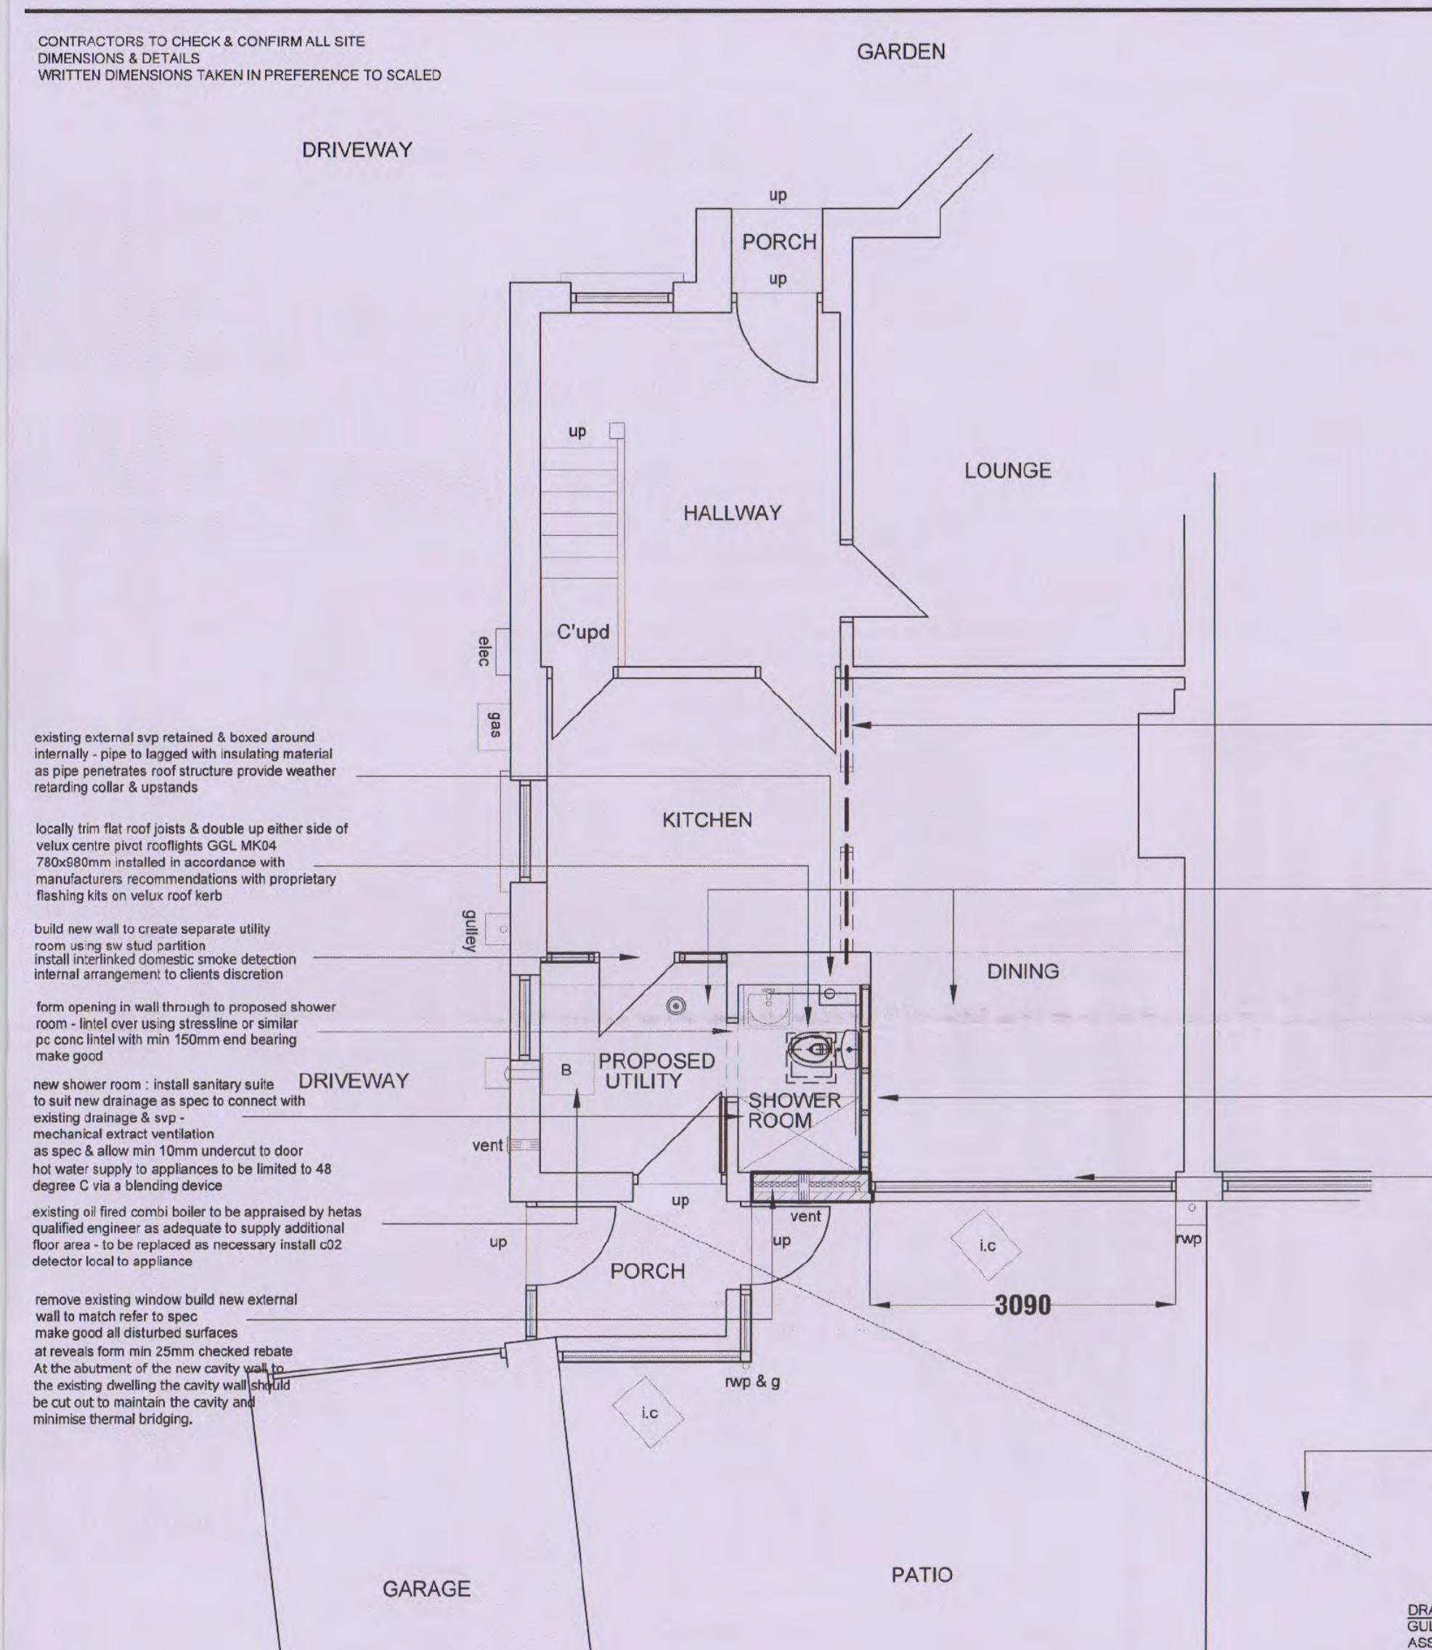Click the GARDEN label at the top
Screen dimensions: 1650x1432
coord(900,52)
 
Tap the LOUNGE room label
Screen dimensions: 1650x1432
coord(1007,471)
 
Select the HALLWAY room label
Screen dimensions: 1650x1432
coord(732,513)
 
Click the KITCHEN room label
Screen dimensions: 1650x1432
coord(707,820)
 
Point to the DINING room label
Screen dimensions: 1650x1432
coord(1023,972)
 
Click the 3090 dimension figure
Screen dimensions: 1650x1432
coord(1023,1306)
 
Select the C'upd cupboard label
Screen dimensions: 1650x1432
coord(582,633)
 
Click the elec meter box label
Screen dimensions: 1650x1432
coord(484,651)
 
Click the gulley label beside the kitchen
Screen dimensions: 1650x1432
coord(470,931)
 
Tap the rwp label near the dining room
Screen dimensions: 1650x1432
coord(1189,1239)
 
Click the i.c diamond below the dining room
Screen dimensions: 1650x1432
coord(987,1245)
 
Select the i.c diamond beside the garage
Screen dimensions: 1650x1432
coord(649,1413)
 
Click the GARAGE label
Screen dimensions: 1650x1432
coord(426,1588)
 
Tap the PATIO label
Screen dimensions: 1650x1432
coord(922,1575)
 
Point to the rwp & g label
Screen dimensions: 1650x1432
coord(752,1381)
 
